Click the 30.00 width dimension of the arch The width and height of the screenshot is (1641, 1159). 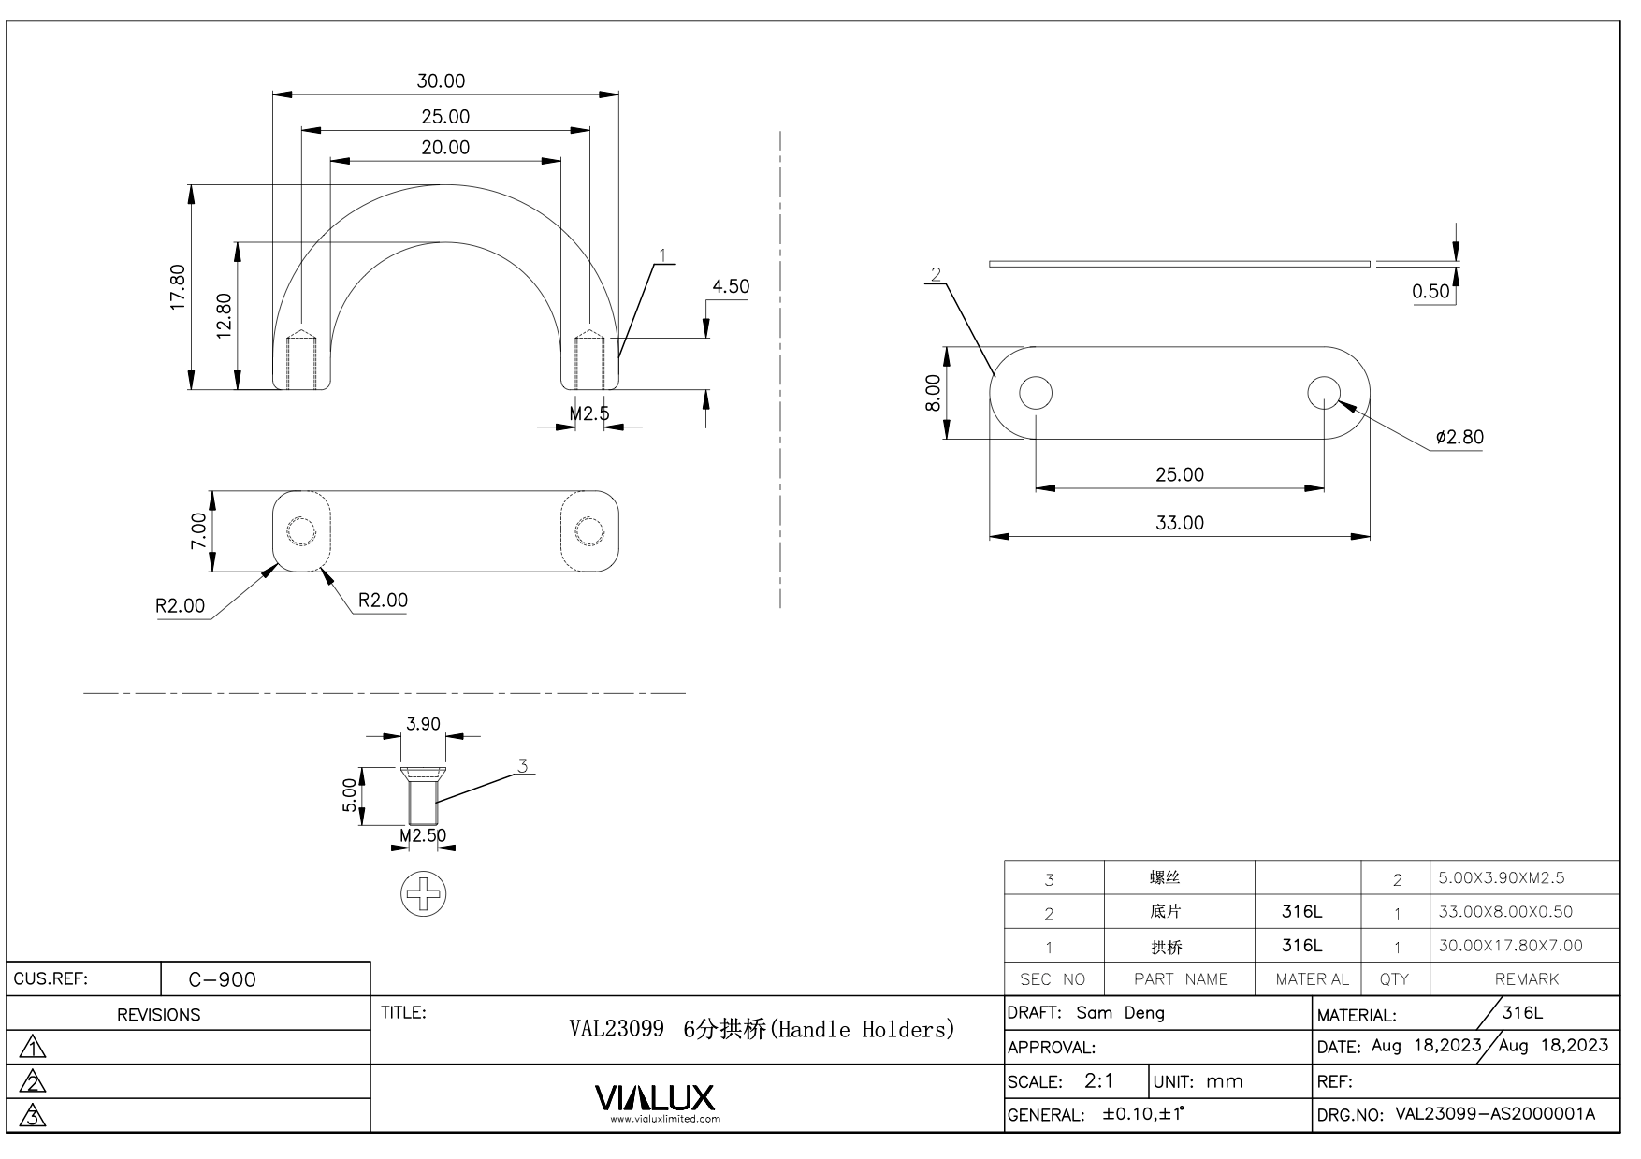(x=441, y=81)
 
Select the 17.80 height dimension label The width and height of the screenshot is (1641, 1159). (x=178, y=287)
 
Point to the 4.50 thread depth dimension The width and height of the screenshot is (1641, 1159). (x=730, y=286)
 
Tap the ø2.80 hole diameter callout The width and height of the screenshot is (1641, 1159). (x=1459, y=437)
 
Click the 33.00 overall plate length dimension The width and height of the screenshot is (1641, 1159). (x=1179, y=523)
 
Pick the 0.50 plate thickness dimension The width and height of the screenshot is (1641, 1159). (x=1430, y=291)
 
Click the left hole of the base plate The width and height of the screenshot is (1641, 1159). (x=1036, y=393)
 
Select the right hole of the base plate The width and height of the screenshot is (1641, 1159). (x=1324, y=393)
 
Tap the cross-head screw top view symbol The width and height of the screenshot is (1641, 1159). (x=424, y=893)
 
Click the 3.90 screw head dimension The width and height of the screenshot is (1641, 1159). (x=423, y=724)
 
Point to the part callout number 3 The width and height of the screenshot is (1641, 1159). (x=523, y=766)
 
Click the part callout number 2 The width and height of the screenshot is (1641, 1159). (x=936, y=274)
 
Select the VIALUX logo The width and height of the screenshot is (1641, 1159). (x=655, y=1100)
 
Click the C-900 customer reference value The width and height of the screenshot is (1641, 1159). (x=222, y=979)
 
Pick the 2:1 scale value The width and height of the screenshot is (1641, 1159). (x=1098, y=1081)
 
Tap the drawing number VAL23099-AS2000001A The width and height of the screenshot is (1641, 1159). (x=1495, y=1114)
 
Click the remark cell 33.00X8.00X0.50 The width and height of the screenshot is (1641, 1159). (x=1505, y=911)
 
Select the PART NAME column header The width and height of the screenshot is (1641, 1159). (x=1181, y=979)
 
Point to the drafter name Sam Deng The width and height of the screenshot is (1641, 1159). (x=1120, y=1013)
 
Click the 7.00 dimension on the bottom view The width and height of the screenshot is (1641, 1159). (x=198, y=530)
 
